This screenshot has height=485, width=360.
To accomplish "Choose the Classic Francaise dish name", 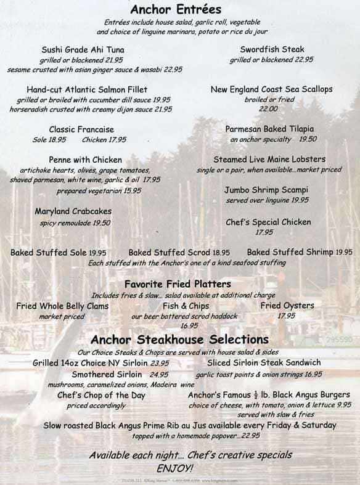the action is (x=82, y=129).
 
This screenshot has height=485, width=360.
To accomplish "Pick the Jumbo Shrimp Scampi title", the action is (x=276, y=190).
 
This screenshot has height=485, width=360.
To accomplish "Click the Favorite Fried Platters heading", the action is (x=178, y=284).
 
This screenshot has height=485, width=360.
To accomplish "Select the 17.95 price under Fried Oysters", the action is (x=286, y=316).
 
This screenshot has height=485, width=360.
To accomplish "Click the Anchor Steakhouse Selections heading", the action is (x=179, y=339).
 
